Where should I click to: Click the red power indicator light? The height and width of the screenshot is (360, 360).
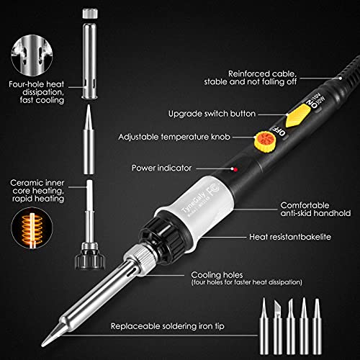(235, 169)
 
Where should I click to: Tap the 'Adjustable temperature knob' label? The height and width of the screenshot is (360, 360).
(182, 136)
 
